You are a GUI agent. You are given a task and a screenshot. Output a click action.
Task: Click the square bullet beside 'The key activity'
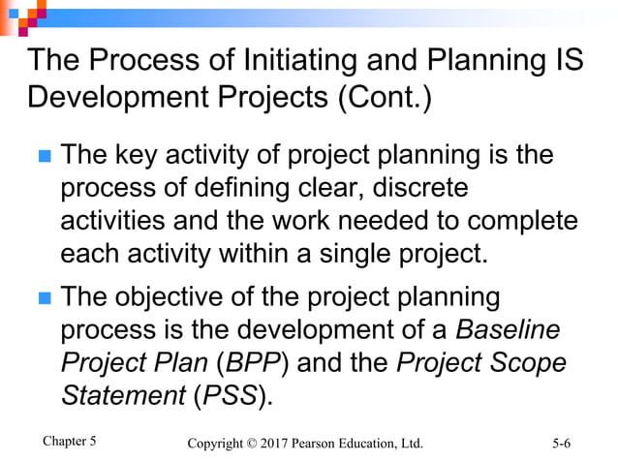42,157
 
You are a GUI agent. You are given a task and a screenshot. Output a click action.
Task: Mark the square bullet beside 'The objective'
42,297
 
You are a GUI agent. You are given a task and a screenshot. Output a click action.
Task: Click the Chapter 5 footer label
70,442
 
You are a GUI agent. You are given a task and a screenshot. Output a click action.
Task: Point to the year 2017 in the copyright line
288,444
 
